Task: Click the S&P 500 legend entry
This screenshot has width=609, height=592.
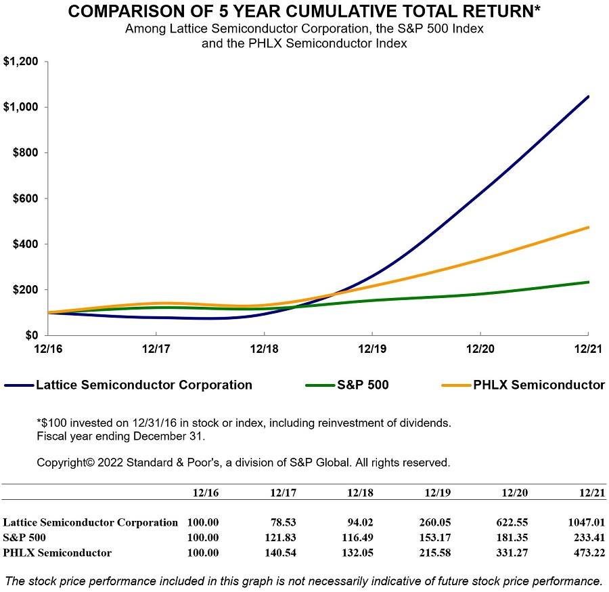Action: tap(363, 385)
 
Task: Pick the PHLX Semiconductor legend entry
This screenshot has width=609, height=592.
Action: tap(539, 385)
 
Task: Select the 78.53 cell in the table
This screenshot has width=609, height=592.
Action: tap(284, 522)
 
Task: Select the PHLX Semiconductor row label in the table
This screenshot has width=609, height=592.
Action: tap(58, 553)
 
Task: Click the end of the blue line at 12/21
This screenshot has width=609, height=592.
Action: tap(588, 97)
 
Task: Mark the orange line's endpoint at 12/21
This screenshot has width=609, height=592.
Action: tap(588, 228)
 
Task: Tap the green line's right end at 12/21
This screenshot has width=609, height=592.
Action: tap(588, 282)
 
